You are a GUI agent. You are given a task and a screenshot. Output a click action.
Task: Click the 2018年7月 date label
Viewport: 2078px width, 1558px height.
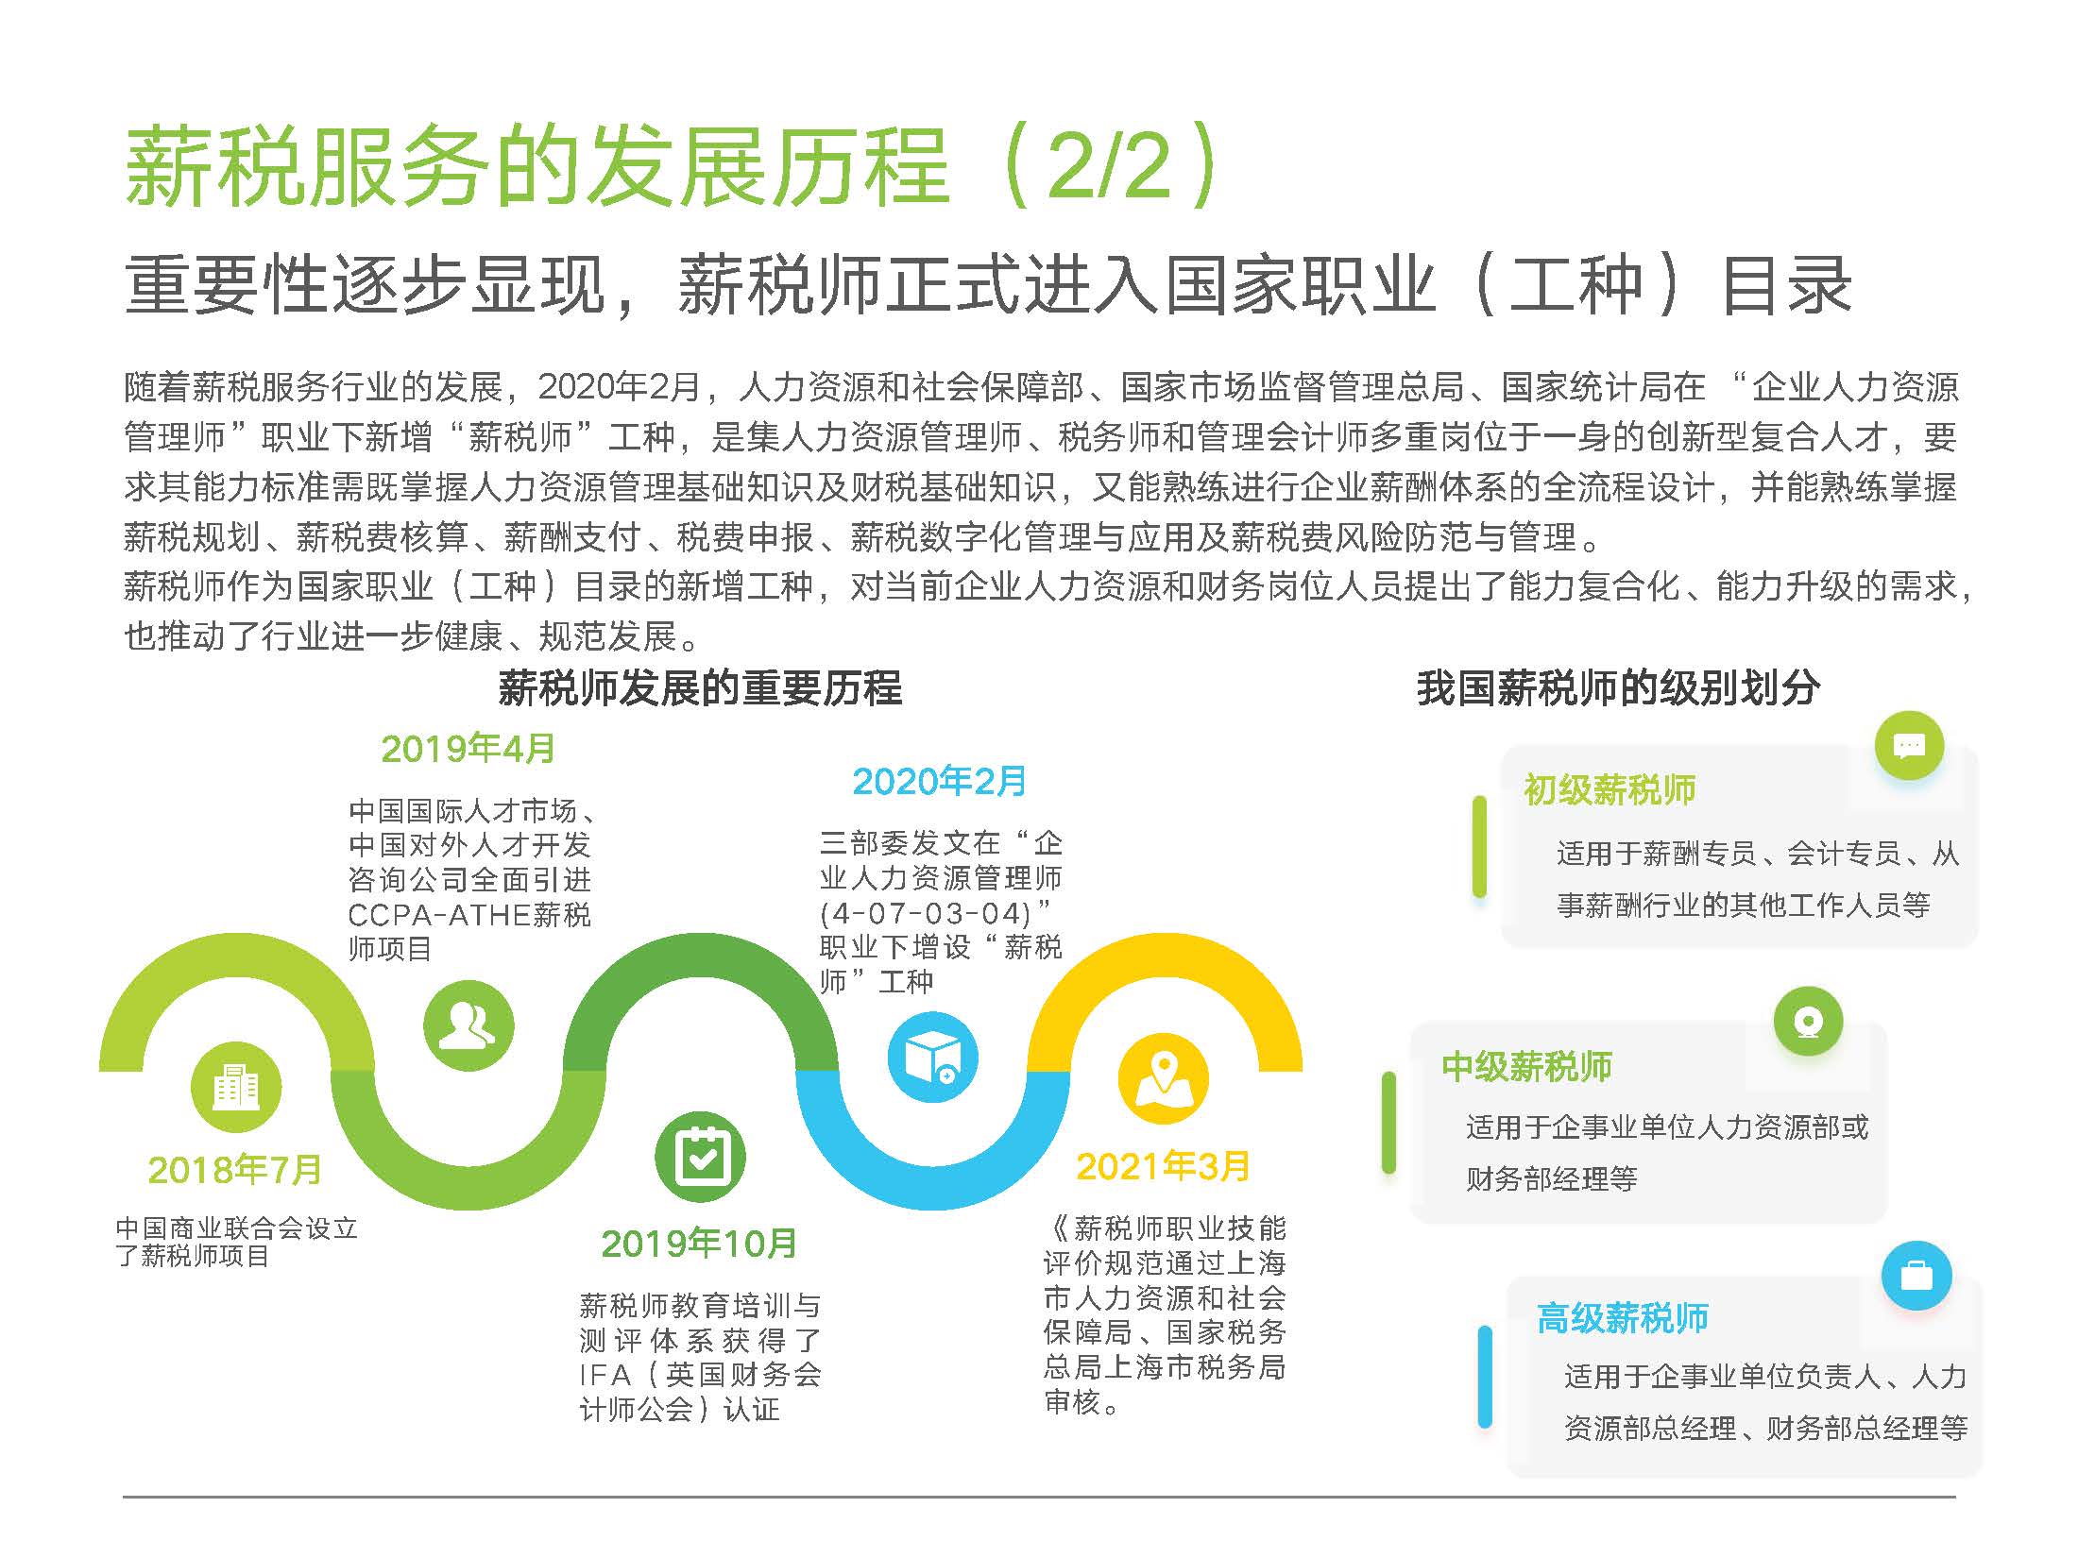click(235, 1170)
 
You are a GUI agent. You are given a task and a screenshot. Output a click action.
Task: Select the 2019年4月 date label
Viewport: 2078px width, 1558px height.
click(468, 749)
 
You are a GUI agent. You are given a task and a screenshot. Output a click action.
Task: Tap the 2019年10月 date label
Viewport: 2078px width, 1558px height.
click(699, 1244)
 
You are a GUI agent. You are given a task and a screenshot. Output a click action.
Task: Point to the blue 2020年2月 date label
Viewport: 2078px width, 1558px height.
click(940, 781)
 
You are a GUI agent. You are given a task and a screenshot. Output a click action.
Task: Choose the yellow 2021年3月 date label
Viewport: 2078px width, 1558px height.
click(1163, 1166)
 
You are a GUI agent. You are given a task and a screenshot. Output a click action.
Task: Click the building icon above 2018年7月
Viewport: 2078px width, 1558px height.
click(236, 1087)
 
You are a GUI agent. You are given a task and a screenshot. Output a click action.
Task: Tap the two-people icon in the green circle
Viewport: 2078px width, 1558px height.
click(468, 1026)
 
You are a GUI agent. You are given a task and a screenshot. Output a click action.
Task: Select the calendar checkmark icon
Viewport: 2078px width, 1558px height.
click(700, 1158)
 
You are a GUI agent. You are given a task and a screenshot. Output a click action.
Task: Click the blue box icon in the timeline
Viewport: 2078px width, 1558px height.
click(933, 1057)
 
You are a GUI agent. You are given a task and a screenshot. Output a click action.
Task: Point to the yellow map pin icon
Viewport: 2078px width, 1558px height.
click(1163, 1079)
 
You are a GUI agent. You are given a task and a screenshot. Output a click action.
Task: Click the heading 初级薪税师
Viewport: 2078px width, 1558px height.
click(1610, 789)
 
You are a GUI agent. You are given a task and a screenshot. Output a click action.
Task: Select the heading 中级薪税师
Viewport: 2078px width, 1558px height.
click(1527, 1067)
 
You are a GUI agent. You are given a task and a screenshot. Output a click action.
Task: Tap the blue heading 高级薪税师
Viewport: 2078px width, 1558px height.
click(1623, 1318)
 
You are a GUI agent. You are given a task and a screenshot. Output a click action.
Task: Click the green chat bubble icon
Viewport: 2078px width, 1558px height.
click(1910, 746)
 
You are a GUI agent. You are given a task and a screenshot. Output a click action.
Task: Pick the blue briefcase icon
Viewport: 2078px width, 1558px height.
click(1916, 1276)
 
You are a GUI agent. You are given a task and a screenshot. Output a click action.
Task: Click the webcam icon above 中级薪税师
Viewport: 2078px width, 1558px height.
click(1809, 1022)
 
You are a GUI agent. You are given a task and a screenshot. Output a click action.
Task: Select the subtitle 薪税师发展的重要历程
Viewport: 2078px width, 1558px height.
click(700, 688)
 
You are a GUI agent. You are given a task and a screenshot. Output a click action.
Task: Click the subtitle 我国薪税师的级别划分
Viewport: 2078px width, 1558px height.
click(1618, 688)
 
